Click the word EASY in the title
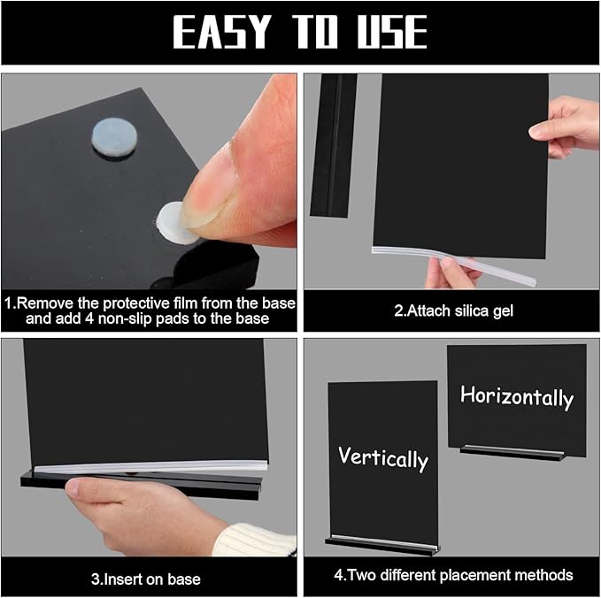coord(221,32)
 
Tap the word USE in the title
coord(392,32)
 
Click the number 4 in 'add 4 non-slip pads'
coord(89,318)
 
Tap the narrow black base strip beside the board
coord(334,146)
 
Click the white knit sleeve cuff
coord(254,540)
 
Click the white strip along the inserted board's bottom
coord(150,466)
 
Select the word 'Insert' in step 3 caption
coord(121,579)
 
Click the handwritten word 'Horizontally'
coord(517,397)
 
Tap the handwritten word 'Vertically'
coord(383,458)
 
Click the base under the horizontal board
coord(512,452)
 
